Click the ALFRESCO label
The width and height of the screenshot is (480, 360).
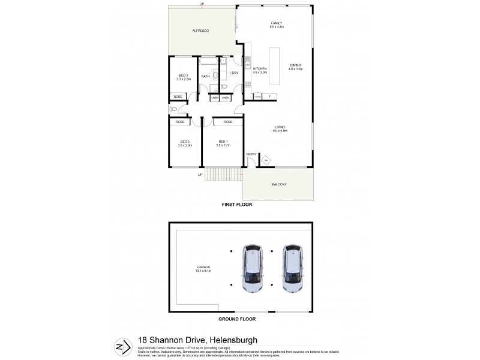tap(200, 31)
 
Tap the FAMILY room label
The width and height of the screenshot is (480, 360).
tap(276, 23)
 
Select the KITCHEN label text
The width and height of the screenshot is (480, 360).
tap(259, 69)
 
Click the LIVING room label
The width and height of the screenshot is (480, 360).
tap(280, 127)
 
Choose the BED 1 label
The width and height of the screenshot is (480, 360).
tap(224, 142)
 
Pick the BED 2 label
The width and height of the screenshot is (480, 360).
tap(185, 142)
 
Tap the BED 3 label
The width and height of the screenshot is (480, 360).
tap(184, 75)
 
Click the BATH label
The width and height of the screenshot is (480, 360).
tap(205, 76)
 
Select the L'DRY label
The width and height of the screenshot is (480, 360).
tap(234, 73)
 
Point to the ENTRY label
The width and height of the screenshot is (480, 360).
tap(251, 154)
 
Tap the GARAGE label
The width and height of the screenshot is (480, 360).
tap(202, 267)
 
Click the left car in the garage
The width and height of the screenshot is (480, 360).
tap(253, 268)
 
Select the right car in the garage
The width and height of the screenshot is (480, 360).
tap(293, 268)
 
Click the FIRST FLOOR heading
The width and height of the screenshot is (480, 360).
tap(237, 205)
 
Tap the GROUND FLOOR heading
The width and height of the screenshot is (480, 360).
tap(239, 320)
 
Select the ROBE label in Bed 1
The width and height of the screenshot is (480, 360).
tap(228, 122)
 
